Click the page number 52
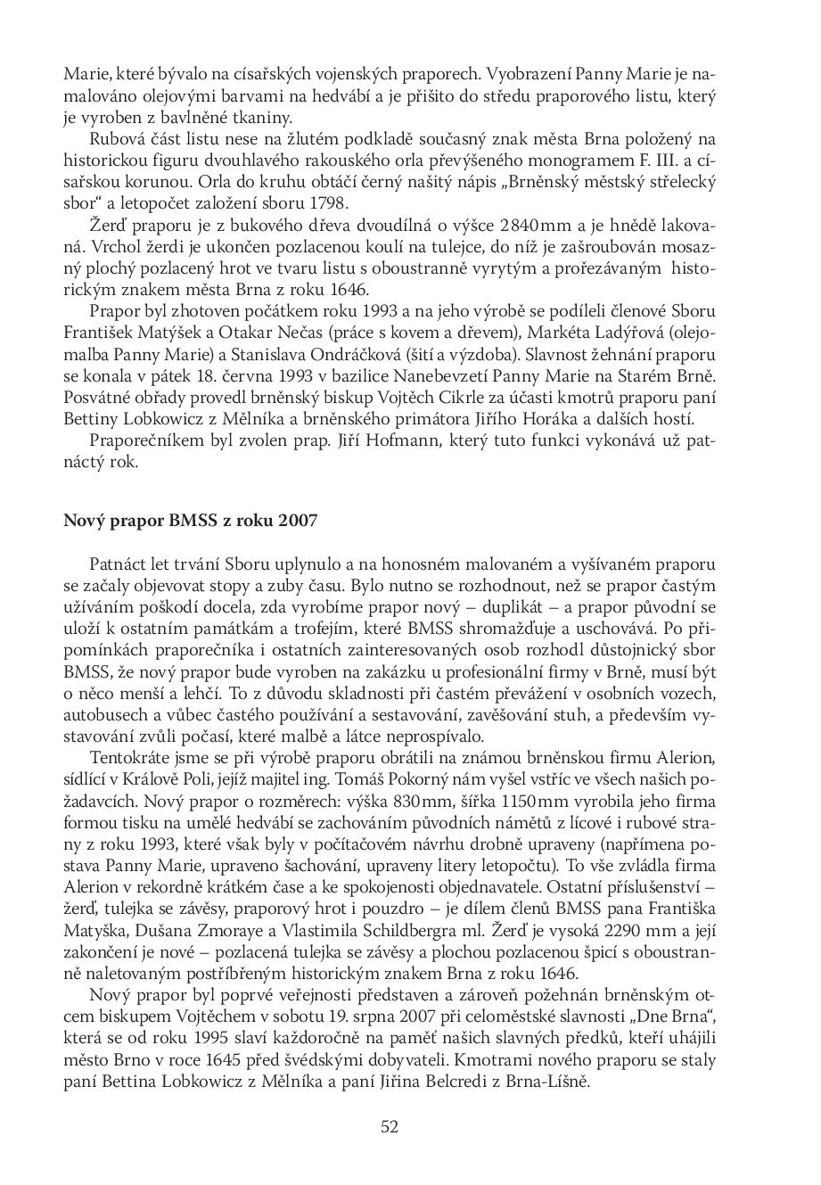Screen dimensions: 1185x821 [x=390, y=1126]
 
